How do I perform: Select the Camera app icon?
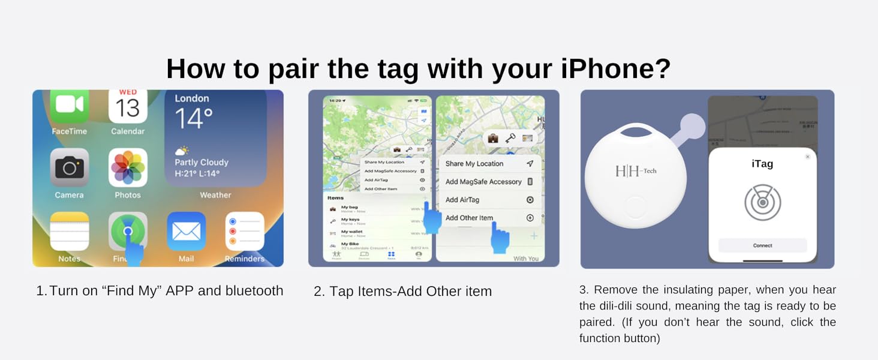click(x=70, y=167)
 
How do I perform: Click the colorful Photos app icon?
click(x=128, y=167)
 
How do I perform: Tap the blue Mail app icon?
click(x=186, y=231)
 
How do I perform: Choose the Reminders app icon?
click(x=245, y=231)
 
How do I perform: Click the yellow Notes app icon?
click(x=70, y=231)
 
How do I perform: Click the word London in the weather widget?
click(x=192, y=98)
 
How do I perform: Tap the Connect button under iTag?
click(x=762, y=245)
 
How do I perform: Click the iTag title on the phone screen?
click(x=762, y=163)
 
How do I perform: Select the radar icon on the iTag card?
click(x=762, y=202)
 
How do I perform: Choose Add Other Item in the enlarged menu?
click(x=469, y=218)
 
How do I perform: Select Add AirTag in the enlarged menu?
click(x=462, y=200)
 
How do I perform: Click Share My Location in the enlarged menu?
click(x=474, y=163)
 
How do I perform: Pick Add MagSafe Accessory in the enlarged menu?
click(x=483, y=182)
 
